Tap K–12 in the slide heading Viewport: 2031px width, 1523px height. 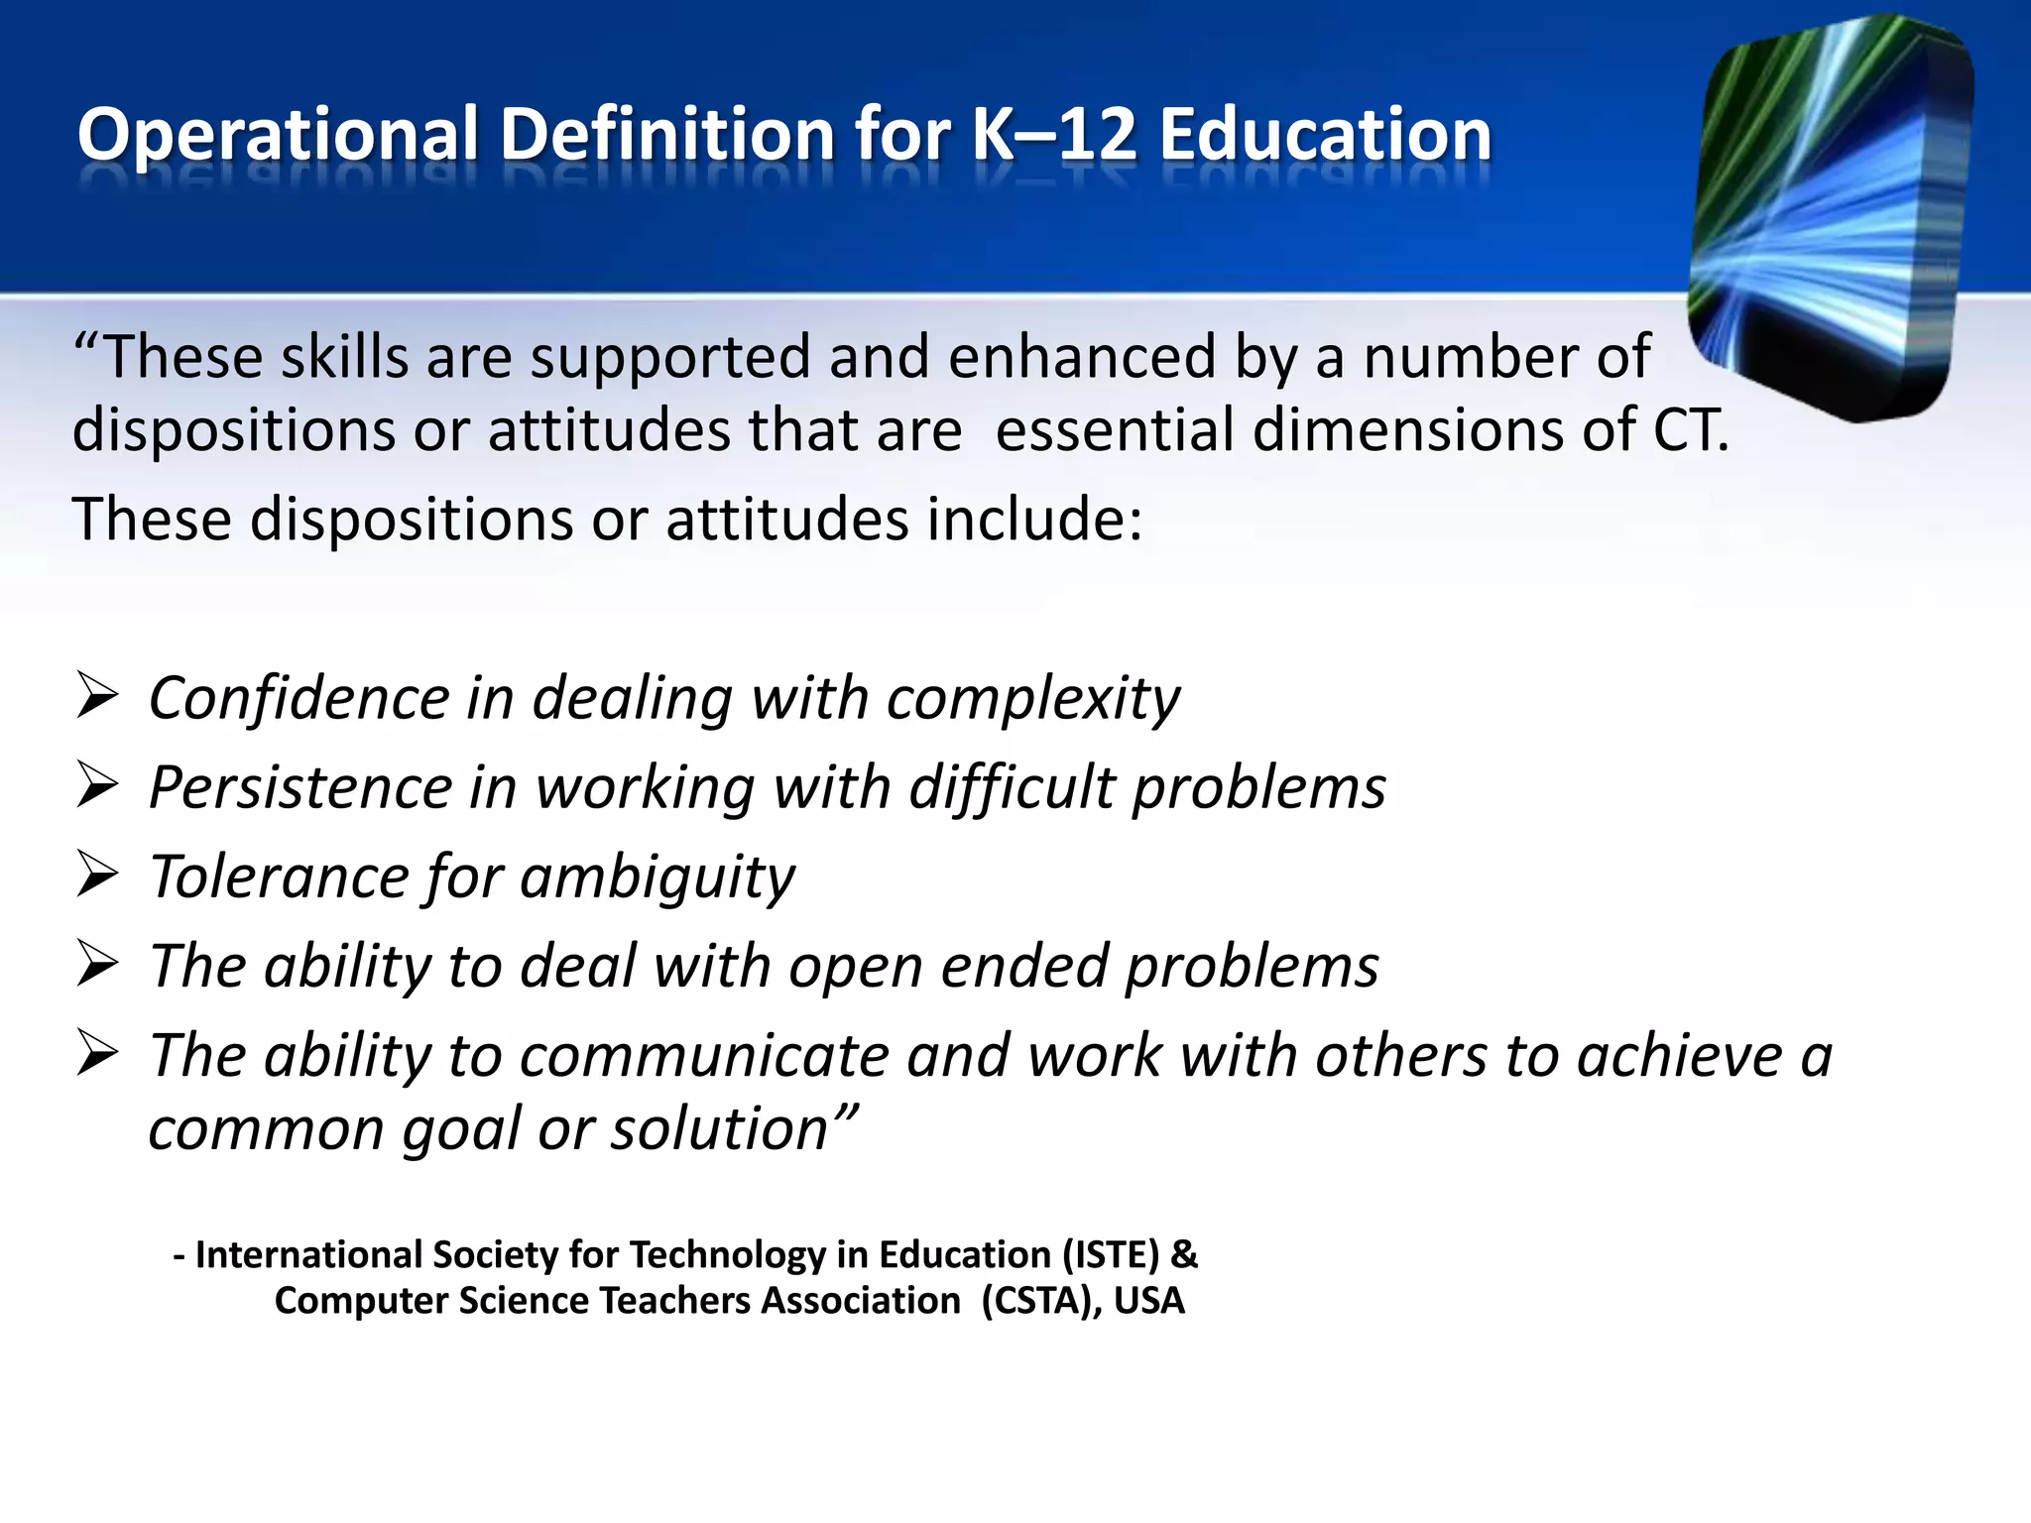pos(1053,135)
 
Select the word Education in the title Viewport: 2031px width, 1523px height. pos(1325,135)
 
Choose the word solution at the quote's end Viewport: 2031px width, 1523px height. pos(719,1129)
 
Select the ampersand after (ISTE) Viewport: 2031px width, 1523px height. pos(1184,1255)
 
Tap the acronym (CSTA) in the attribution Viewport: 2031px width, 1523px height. pos(1040,1301)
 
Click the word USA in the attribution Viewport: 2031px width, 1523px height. pos(1149,1301)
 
